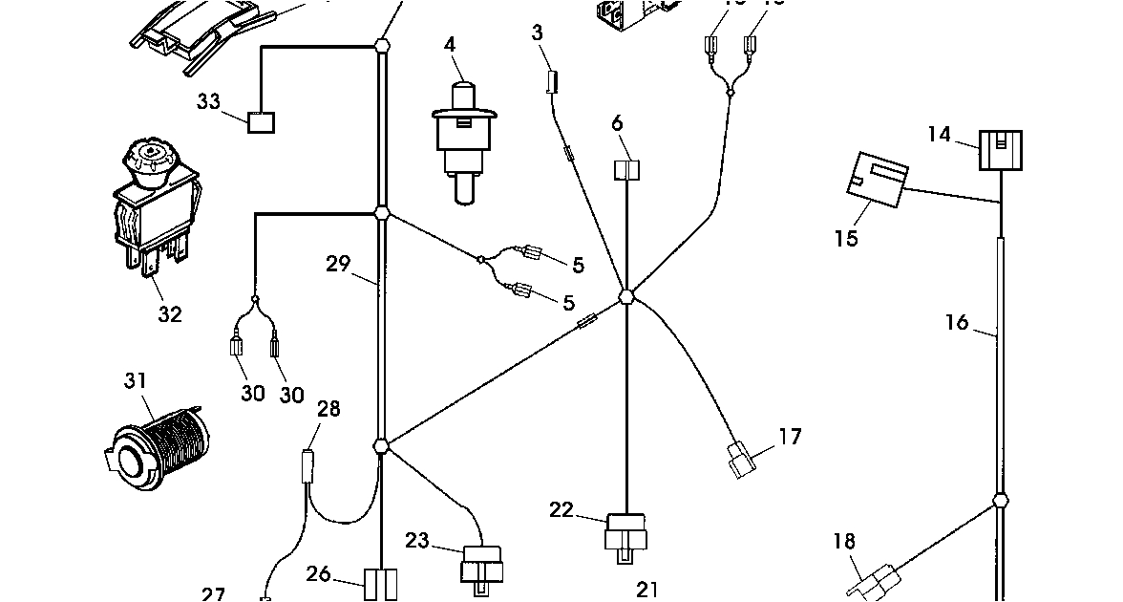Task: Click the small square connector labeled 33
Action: pyautogui.click(x=261, y=122)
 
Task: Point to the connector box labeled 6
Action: pyautogui.click(x=625, y=171)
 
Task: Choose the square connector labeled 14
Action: pyautogui.click(x=1000, y=150)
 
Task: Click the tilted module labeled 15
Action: pyautogui.click(x=879, y=180)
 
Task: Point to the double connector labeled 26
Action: pyautogui.click(x=380, y=583)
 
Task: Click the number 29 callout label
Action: pyautogui.click(x=338, y=264)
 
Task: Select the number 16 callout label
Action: pyautogui.click(x=958, y=322)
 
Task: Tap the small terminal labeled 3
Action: pyautogui.click(x=550, y=81)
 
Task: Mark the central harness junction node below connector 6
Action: pyautogui.click(x=626, y=297)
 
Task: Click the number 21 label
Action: pyautogui.click(x=647, y=591)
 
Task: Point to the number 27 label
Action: pyautogui.click(x=213, y=594)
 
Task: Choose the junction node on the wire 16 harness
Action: pyautogui.click(x=1000, y=500)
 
